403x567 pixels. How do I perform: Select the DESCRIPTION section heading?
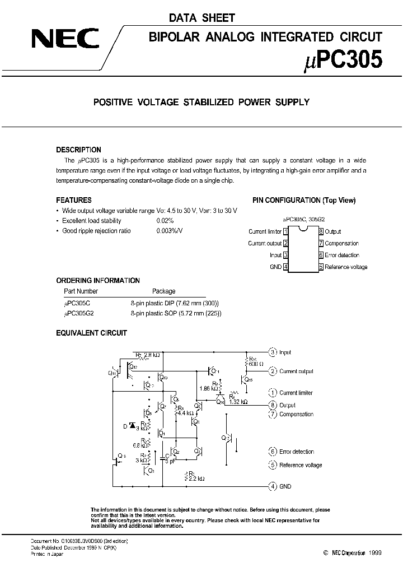tap(79, 150)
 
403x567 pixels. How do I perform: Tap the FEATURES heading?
tap(74, 200)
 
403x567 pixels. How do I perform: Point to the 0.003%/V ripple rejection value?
tap(170, 231)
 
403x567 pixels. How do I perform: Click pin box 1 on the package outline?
tap(286, 231)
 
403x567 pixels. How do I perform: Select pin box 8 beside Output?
tap(321, 231)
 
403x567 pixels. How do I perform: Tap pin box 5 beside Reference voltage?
tap(321, 267)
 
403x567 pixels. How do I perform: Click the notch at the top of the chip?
tap(303, 227)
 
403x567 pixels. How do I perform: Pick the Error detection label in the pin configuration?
tap(342, 255)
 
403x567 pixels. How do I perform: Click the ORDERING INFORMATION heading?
tap(98, 280)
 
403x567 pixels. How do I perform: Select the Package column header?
tap(164, 291)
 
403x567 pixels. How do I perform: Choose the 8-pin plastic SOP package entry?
tap(176, 314)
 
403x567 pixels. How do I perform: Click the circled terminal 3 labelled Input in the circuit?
tap(273, 352)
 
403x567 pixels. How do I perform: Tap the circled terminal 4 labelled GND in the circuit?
tap(273, 486)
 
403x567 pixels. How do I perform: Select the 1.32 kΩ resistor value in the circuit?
tap(238, 402)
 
